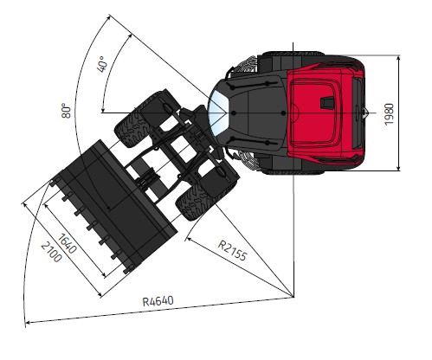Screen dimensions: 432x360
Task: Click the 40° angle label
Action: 102,64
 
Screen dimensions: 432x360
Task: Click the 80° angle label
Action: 66,110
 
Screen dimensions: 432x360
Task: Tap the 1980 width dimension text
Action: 389,114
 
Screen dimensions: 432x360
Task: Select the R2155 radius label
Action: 232,250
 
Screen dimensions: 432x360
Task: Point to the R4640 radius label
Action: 158,301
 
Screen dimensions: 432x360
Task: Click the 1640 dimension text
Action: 68,243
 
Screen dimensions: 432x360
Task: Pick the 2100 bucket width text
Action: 51,252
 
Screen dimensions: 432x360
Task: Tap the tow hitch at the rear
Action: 364,112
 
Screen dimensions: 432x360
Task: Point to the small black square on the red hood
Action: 328,101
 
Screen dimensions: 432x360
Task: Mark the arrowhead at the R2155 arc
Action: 189,239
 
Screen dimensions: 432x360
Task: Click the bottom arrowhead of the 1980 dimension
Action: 398,167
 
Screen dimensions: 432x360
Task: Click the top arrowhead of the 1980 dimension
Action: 398,59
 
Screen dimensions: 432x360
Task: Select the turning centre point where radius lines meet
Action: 293,297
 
